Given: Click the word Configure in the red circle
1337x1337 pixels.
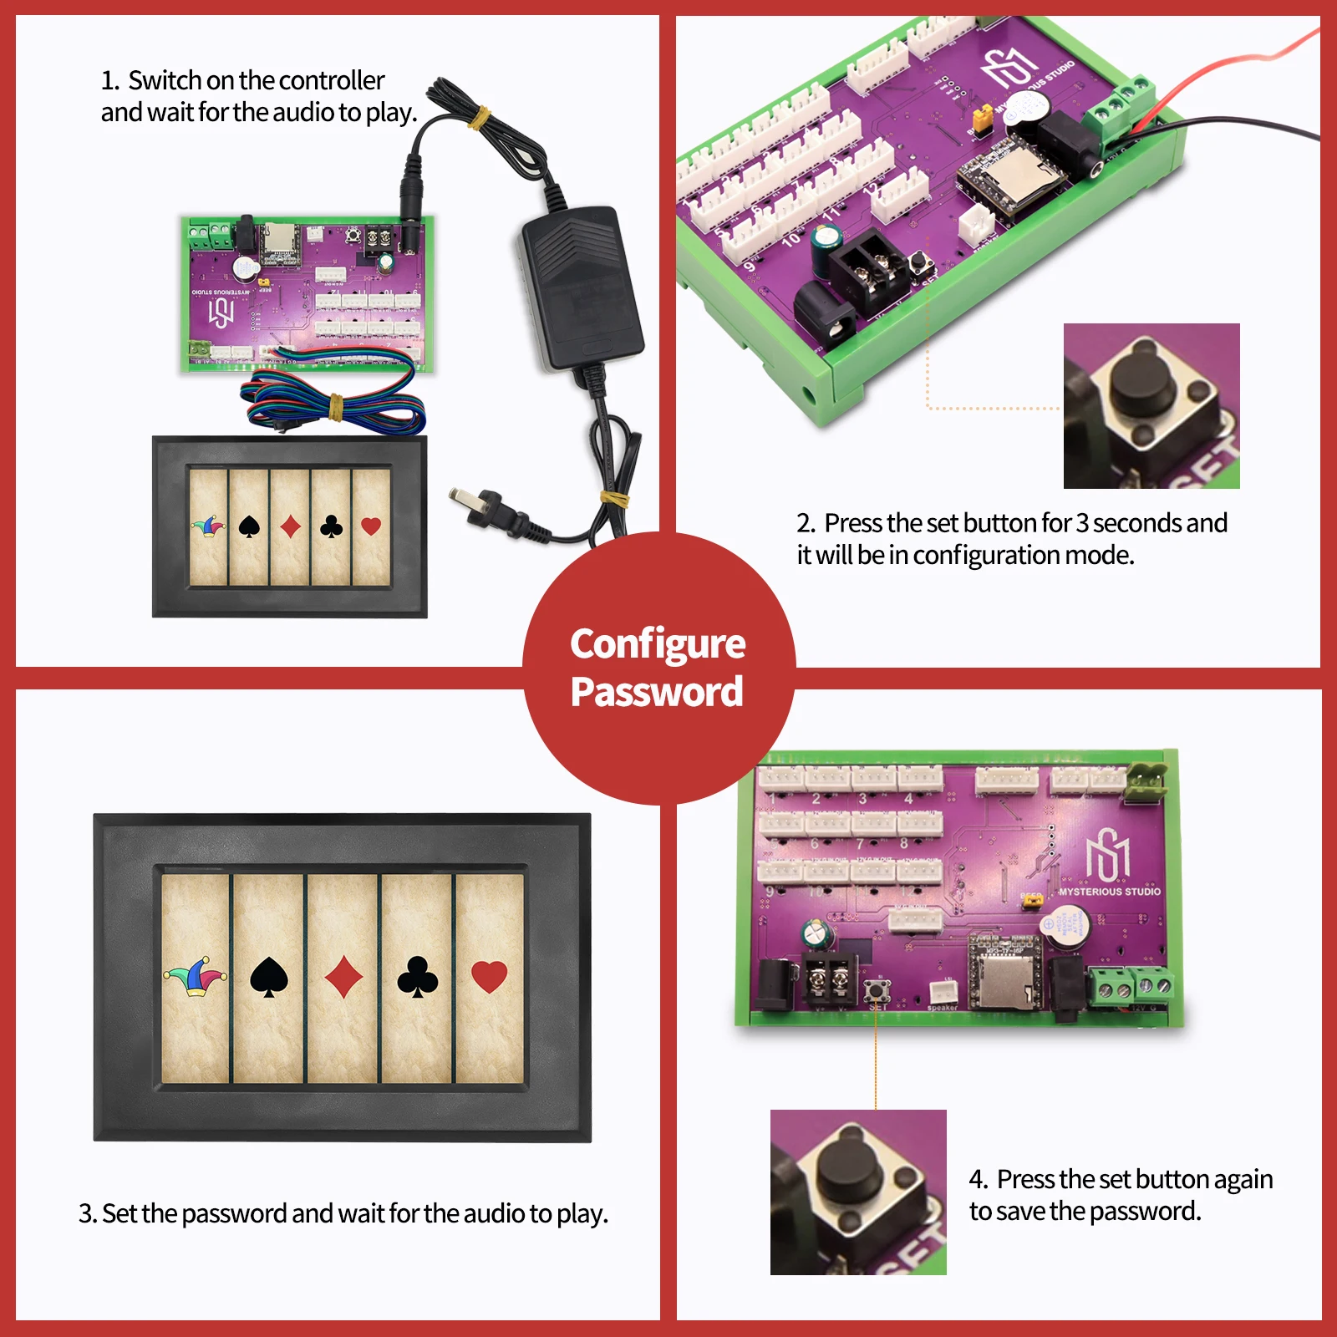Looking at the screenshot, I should click(x=658, y=644).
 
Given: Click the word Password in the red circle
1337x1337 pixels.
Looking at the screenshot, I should click(x=657, y=692).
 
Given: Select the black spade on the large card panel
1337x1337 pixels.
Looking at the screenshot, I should click(x=269, y=977).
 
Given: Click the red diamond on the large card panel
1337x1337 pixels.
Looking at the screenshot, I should click(x=343, y=977).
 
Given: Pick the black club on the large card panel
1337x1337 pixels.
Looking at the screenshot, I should click(x=418, y=977).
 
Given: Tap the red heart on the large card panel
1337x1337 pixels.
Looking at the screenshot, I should click(x=490, y=976).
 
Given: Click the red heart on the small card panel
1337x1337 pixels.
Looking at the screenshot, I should click(x=371, y=526).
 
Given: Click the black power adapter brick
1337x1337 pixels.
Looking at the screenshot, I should click(x=581, y=284).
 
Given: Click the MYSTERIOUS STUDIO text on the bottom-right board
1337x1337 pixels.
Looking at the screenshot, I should click(x=1109, y=892).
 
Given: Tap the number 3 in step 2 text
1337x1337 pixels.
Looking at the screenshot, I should click(x=1082, y=523).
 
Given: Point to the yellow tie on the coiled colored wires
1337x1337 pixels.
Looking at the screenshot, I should click(x=335, y=406).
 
